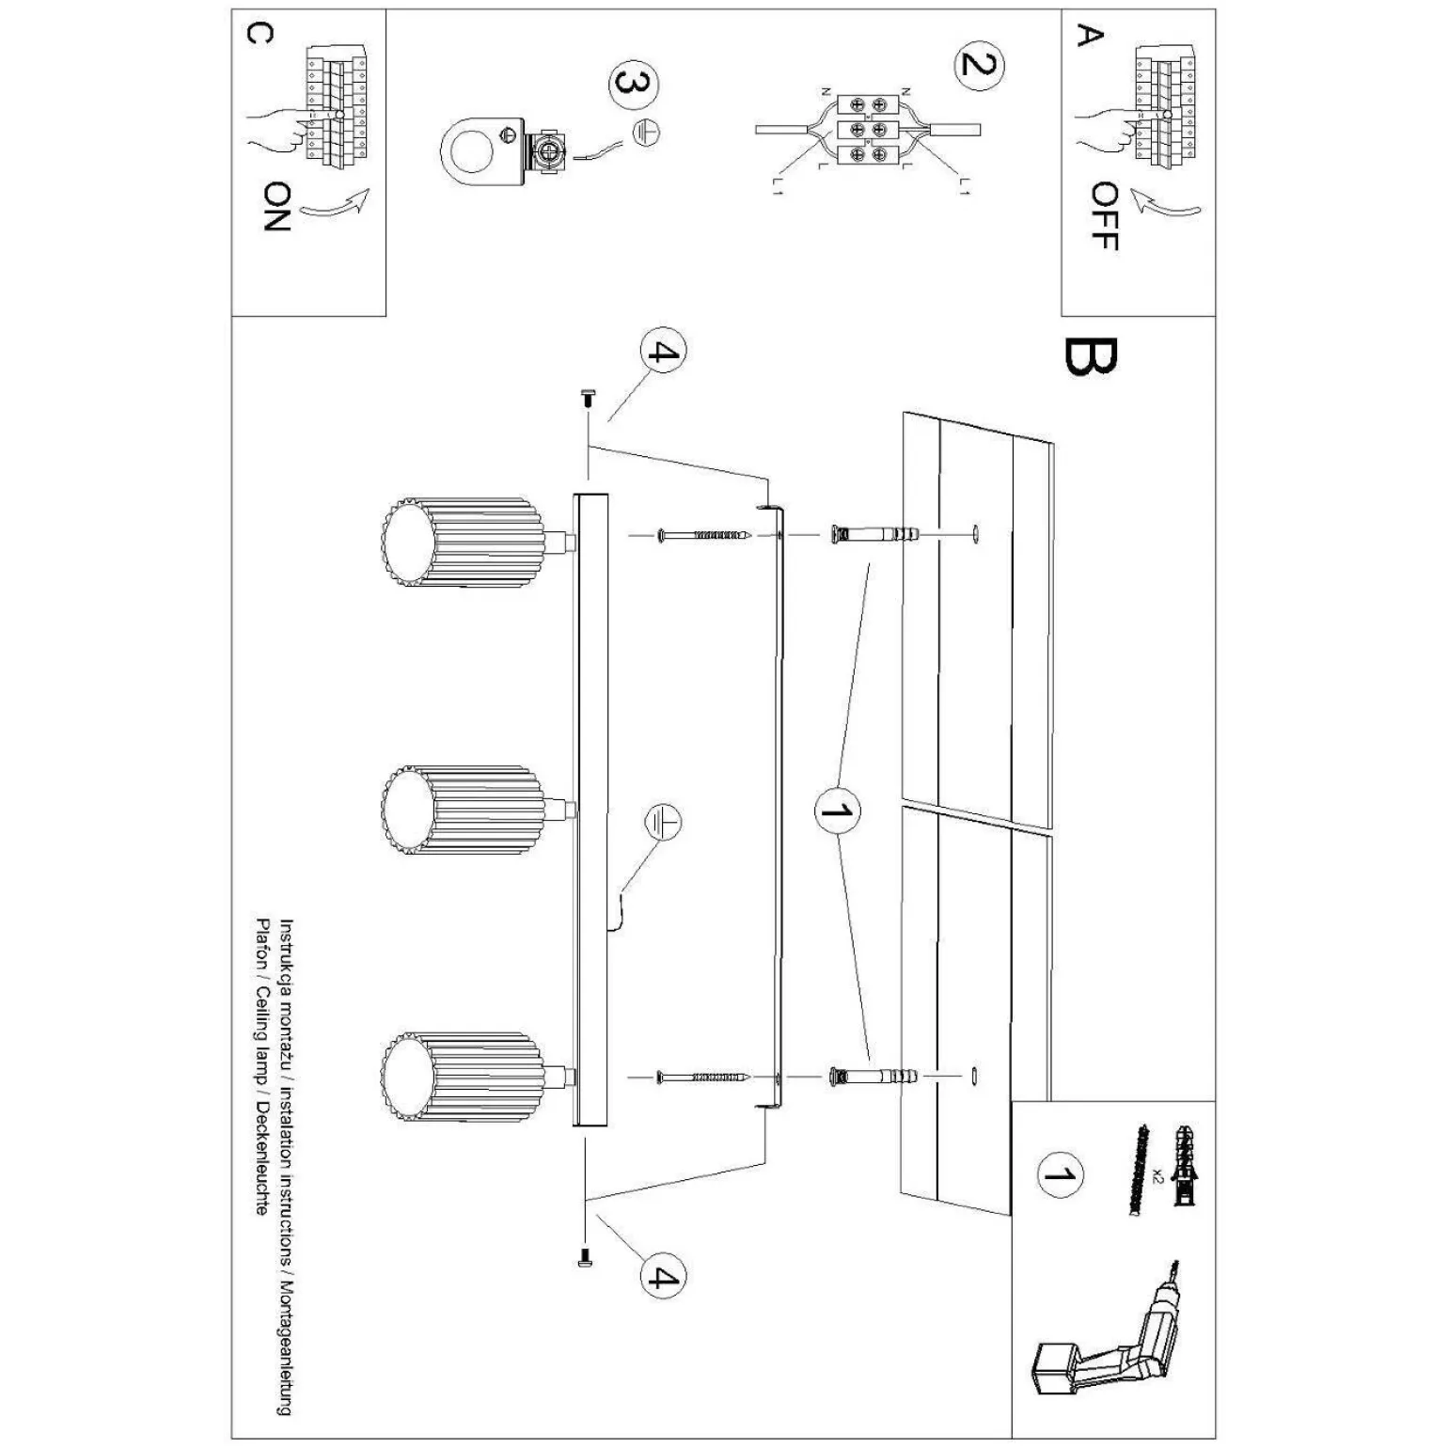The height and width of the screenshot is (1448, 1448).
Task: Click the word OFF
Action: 1104,216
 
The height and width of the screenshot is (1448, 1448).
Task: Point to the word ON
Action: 276,208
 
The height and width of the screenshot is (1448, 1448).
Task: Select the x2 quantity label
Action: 1157,1176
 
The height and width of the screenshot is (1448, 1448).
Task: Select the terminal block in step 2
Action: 867,129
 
